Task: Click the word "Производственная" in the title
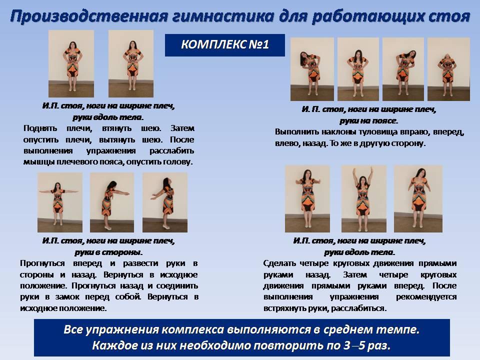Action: pyautogui.click(x=89, y=16)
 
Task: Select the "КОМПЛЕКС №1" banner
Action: pyautogui.click(x=224, y=45)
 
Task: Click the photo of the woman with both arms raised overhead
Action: pyautogui.click(x=363, y=198)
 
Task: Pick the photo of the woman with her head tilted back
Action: pyautogui.click(x=448, y=69)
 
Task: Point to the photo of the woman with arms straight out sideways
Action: pyautogui.click(x=60, y=202)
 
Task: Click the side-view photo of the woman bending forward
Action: pyautogui.click(x=111, y=202)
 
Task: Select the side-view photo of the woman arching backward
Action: pyautogui.click(x=165, y=202)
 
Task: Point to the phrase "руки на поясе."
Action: pyautogui.click(x=369, y=120)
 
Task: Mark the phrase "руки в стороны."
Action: pyautogui.click(x=108, y=252)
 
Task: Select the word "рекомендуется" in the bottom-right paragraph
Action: pyautogui.click(x=426, y=297)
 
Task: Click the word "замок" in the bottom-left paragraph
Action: pyautogui.click(x=67, y=297)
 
